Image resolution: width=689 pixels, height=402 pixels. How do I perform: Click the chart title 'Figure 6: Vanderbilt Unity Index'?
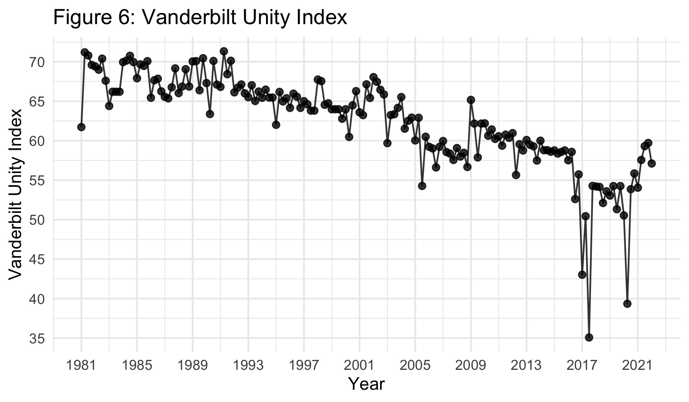[x=200, y=18]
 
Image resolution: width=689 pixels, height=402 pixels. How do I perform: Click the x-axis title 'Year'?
[x=366, y=384]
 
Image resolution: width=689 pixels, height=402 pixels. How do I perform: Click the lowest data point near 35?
[x=589, y=337]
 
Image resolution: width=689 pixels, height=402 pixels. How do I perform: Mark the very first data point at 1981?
[x=81, y=127]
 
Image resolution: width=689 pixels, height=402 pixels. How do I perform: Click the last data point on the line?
[x=652, y=163]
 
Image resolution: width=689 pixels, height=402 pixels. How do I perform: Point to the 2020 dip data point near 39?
[x=627, y=304]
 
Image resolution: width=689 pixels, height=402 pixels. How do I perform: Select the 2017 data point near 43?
[x=582, y=275]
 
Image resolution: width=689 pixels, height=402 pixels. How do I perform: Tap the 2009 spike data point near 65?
[x=471, y=100]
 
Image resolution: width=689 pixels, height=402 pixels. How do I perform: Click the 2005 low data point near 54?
[x=422, y=186]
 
